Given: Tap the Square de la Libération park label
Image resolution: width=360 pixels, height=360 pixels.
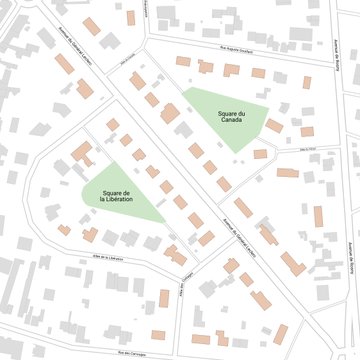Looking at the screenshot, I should tap(120, 197).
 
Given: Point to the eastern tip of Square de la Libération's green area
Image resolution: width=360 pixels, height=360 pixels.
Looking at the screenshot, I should tap(165, 220).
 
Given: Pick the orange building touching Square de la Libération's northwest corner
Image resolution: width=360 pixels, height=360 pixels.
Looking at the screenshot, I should tap(81, 154).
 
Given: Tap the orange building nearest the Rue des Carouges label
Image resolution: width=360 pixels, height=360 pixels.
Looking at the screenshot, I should tap(158, 335).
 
